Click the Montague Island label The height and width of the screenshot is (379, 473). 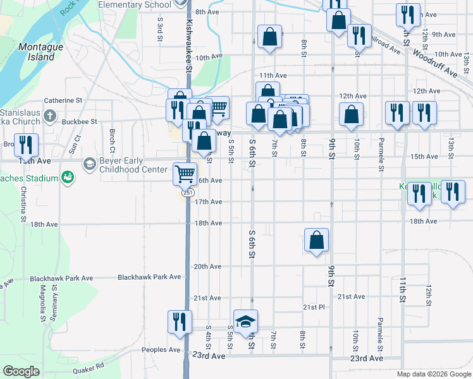[x=36, y=52]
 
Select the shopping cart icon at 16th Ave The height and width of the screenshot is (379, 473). [x=185, y=173]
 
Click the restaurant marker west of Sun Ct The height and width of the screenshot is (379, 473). [x=26, y=145]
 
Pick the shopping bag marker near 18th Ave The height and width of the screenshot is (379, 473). [x=316, y=240]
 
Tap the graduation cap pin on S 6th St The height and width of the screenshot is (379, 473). [x=245, y=322]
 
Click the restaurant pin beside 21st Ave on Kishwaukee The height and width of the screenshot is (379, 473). [x=180, y=322]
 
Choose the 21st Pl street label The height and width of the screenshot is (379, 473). [x=313, y=307]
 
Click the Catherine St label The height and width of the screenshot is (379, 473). [x=63, y=100]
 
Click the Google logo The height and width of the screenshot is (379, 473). [x=21, y=371]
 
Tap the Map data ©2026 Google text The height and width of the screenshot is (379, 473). [x=434, y=374]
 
